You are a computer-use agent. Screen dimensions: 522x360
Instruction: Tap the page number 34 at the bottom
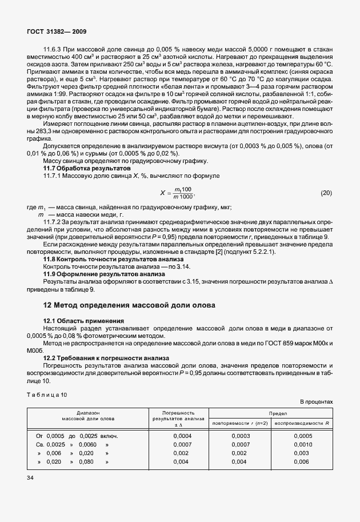(x=31, y=477)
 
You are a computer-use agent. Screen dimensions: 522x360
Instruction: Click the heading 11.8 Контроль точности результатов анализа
(x=110, y=259)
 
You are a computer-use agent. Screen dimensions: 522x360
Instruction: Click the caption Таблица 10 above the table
(x=47, y=395)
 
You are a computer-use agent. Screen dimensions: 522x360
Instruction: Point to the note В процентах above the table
(x=315, y=402)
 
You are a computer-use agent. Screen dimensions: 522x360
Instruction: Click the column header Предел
(x=271, y=412)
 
